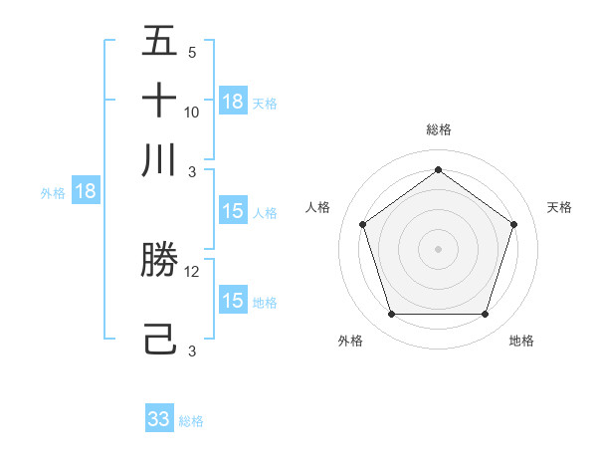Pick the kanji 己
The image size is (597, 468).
159,339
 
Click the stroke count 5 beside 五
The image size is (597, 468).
192,53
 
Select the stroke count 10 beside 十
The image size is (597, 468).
192,112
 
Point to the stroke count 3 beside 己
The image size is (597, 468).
192,351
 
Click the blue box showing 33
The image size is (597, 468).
159,419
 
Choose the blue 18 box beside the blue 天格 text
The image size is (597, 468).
233,102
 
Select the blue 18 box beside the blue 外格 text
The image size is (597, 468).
86,192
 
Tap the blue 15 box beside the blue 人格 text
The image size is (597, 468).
233,211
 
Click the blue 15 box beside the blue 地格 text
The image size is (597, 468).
233,301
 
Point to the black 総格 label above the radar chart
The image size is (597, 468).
438,129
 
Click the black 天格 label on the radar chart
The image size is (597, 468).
560,207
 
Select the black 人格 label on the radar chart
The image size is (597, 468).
318,207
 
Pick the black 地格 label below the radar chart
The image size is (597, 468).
521,341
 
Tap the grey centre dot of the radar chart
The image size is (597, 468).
438,248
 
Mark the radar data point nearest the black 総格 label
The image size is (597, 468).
438,170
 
